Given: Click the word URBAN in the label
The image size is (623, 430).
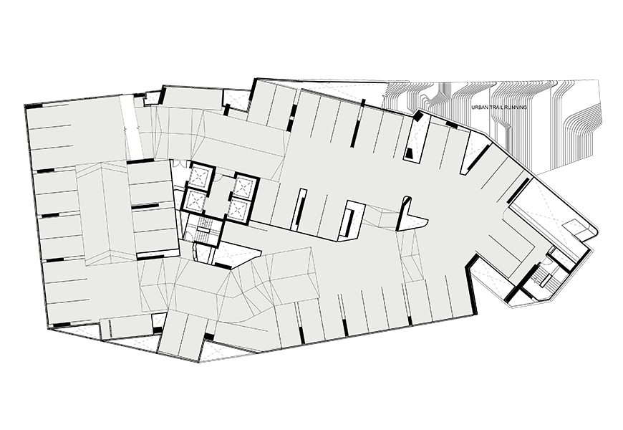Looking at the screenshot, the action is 478,107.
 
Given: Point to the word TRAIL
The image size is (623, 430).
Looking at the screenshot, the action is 493,107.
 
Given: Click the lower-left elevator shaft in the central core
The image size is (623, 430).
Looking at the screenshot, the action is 195,200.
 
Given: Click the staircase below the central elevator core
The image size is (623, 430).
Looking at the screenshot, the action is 204,230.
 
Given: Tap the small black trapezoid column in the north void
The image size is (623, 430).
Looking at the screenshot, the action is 410,153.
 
